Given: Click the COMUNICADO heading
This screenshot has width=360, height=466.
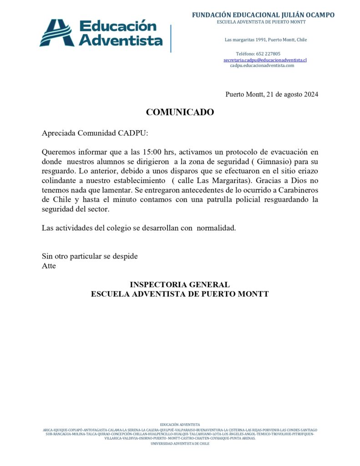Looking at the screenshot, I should [x=180, y=112].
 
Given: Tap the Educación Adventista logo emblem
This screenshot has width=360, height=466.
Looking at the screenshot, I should [x=56, y=33].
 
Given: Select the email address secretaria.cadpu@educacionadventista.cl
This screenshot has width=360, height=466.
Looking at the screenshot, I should [x=265, y=60].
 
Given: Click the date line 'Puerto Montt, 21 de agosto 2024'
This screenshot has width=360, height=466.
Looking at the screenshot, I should [x=272, y=95].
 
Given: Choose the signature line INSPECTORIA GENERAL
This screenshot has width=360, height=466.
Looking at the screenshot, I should [x=180, y=285].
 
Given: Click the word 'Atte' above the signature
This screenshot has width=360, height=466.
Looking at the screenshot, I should [x=49, y=266].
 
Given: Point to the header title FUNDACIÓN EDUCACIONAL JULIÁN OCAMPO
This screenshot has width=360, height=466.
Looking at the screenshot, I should [x=263, y=15].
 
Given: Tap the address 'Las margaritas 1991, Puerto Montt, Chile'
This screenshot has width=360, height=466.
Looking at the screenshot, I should [x=266, y=40].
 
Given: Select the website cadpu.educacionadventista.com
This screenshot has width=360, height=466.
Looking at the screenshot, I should [x=262, y=66].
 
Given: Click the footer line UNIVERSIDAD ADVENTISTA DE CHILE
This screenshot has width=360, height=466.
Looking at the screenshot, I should [x=180, y=443].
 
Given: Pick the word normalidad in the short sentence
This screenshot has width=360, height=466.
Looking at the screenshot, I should [x=216, y=228].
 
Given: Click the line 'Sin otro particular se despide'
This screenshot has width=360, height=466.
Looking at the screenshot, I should [x=90, y=256].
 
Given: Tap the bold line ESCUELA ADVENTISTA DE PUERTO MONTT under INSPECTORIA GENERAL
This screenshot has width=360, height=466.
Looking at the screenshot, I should [x=180, y=294].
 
